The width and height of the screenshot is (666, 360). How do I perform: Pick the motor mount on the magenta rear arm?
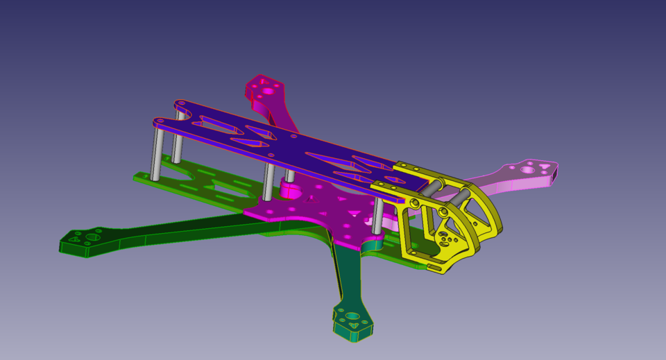(x=265, y=90)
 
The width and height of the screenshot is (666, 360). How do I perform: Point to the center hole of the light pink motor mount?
(x=529, y=169)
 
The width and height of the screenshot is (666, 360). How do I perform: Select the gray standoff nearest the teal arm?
(x=378, y=215)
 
